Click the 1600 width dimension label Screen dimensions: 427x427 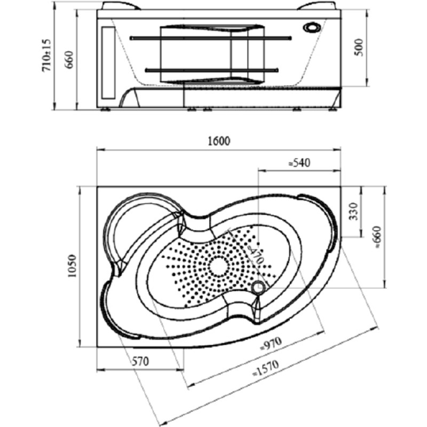[x=219, y=141]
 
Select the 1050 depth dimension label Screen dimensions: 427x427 [x=73, y=266]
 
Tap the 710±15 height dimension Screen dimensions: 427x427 [x=46, y=55]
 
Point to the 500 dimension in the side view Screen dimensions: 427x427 [x=359, y=48]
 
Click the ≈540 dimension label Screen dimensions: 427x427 [x=299, y=163]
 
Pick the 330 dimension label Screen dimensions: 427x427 [x=353, y=211]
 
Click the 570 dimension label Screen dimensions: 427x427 [x=140, y=361]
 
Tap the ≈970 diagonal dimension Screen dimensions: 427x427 [x=271, y=344]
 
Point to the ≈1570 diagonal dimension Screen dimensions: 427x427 [x=266, y=368]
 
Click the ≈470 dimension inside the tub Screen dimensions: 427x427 [x=256, y=253]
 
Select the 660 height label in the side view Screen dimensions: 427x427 [x=70, y=60]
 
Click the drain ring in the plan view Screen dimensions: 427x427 [x=258, y=288]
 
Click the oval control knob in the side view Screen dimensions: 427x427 [x=312, y=28]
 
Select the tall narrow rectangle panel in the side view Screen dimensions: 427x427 [x=108, y=62]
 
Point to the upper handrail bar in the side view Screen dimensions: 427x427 [x=211, y=38]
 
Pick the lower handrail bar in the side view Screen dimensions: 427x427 [x=212, y=70]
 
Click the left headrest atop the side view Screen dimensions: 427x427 [x=121, y=6]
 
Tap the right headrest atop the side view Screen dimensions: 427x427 [x=316, y=6]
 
